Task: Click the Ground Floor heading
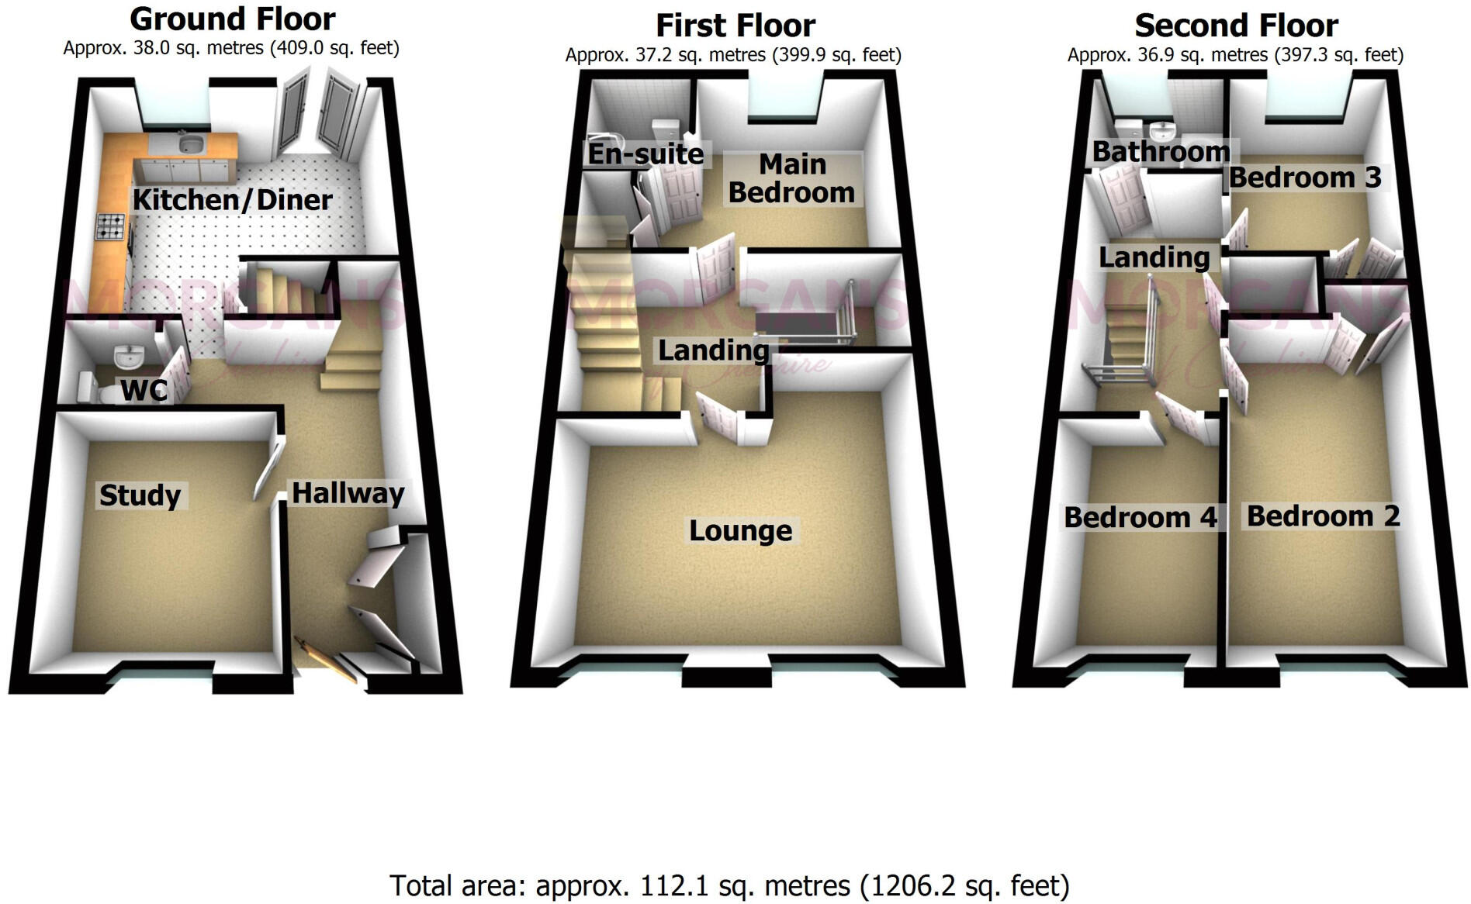click(x=232, y=19)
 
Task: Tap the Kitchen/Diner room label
click(x=232, y=200)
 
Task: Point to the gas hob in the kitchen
click(x=109, y=226)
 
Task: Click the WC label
click(x=144, y=390)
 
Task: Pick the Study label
click(x=140, y=495)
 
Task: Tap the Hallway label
click(x=348, y=493)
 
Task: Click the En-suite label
click(x=645, y=154)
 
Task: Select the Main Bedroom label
click(x=791, y=178)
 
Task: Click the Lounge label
click(x=741, y=531)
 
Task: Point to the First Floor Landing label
click(x=713, y=350)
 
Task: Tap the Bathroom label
click(x=1161, y=151)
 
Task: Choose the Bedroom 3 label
click(x=1305, y=178)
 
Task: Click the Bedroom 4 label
click(x=1140, y=517)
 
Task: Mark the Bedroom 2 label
click(x=1323, y=516)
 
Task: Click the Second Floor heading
click(x=1236, y=26)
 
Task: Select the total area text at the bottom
click(x=729, y=885)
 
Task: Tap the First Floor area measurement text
click(x=733, y=55)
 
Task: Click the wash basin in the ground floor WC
click(x=129, y=357)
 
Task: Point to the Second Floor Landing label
click(x=1154, y=257)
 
